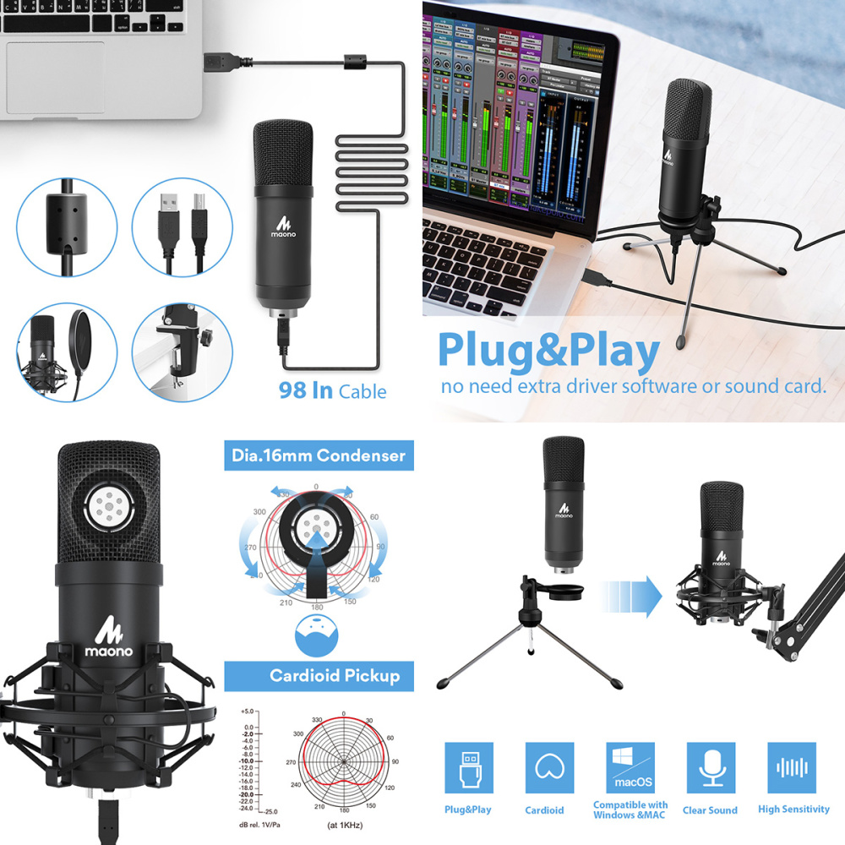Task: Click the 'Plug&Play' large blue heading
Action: (x=548, y=353)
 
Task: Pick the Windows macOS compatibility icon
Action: (x=630, y=768)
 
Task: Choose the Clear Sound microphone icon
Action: (x=710, y=768)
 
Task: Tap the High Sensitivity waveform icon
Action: (x=792, y=768)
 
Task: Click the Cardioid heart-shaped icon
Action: (x=549, y=768)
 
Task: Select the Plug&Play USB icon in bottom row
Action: (x=469, y=768)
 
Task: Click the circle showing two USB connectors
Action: (x=182, y=226)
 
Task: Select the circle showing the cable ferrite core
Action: (x=66, y=226)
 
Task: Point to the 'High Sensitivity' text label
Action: (x=793, y=809)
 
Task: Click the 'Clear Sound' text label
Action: (x=710, y=810)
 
